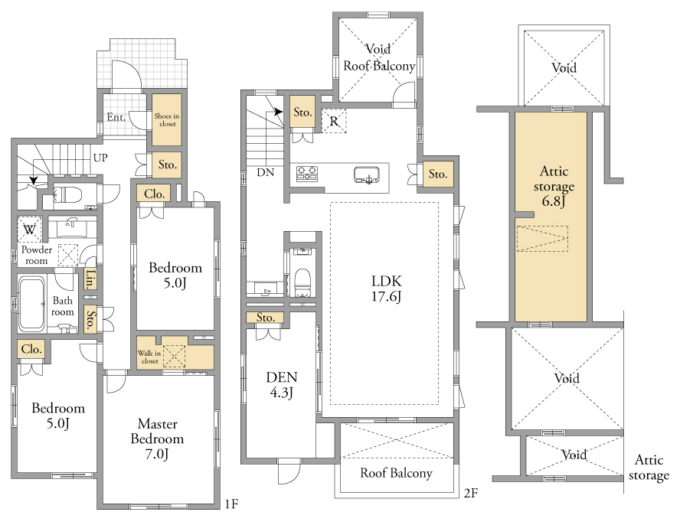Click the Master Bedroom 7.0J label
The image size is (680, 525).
(x=158, y=439)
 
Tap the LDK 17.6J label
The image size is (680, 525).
(x=387, y=289)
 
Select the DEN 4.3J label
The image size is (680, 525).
(x=282, y=384)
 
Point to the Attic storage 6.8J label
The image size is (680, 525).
(x=554, y=185)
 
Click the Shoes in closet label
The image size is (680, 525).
(x=167, y=119)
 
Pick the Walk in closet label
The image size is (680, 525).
(x=149, y=357)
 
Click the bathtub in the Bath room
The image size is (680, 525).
(x=31, y=303)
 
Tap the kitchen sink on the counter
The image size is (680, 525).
(x=367, y=174)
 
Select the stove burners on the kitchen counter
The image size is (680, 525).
(x=307, y=174)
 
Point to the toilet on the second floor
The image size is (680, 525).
(x=302, y=278)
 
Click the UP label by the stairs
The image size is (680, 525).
(x=100, y=158)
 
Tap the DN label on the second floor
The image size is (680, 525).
(x=266, y=172)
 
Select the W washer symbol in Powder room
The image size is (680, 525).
(x=30, y=230)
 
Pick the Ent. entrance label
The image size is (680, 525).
(x=116, y=117)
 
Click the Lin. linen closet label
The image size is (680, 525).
(x=90, y=279)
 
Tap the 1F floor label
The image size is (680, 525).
(x=231, y=504)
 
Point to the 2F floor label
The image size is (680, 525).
(x=471, y=493)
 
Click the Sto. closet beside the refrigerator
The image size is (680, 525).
(x=302, y=112)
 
